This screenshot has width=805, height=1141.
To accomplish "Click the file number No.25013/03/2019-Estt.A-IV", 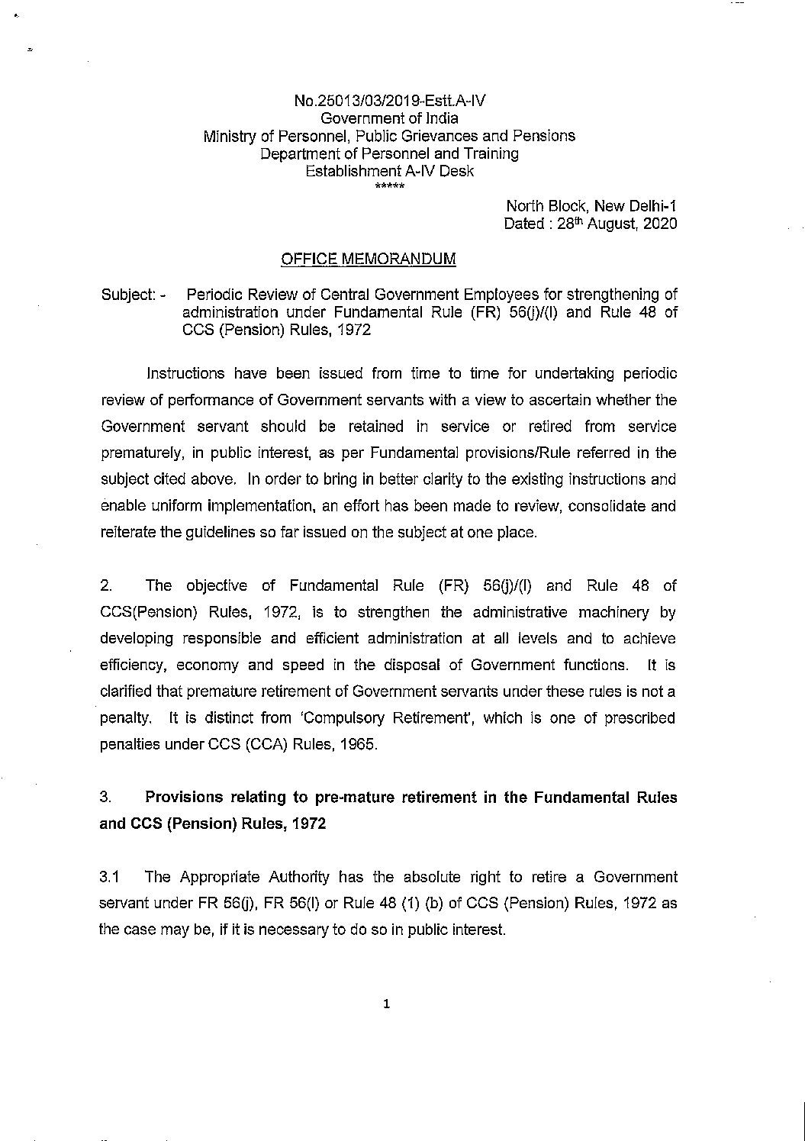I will point(389,101).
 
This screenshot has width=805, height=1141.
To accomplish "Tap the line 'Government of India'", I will point(389,118).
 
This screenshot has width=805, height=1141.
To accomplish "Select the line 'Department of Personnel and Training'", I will point(389,153).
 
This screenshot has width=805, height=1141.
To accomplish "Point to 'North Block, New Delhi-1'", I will point(591,206).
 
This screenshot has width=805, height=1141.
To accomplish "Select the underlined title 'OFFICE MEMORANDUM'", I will point(369,259).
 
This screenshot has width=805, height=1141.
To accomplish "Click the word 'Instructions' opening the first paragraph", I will point(185,373).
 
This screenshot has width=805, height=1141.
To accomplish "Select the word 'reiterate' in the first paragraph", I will point(125,533).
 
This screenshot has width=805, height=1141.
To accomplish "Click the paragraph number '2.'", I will point(107,585).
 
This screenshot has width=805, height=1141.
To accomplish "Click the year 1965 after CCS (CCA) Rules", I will point(360,744).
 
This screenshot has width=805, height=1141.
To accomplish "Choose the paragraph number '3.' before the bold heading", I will point(107,798).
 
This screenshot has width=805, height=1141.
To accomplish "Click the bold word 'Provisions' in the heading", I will point(184,798).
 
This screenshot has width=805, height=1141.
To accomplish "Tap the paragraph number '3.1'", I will point(110,877).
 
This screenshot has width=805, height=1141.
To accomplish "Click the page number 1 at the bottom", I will point(387,1005).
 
